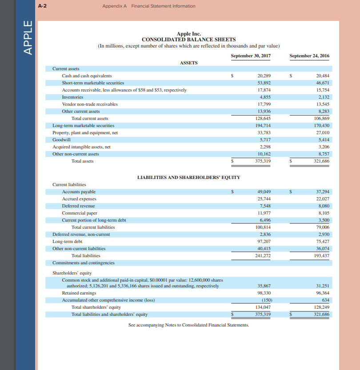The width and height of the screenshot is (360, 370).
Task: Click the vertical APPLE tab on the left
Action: pos(28,38)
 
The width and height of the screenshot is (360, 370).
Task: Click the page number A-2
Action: pos(43,6)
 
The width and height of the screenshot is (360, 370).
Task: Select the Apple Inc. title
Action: pos(188,34)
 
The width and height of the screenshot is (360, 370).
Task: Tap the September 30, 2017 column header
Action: pos(251,56)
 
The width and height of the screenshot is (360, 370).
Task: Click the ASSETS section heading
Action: pos(188,63)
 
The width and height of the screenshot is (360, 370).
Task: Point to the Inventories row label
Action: pos(73,97)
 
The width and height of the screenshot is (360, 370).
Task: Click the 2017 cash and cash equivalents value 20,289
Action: pos(264,76)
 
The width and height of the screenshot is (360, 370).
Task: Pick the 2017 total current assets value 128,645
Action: pos(264,119)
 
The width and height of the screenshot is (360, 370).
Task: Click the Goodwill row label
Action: pos(61,139)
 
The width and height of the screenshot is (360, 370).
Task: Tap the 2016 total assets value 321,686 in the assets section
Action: pos(322,161)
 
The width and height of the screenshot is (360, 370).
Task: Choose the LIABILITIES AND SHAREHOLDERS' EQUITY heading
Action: pos(188,177)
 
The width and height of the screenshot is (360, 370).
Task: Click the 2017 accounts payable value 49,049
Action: pos(264,192)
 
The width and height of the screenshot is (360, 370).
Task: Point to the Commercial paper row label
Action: pos(80,213)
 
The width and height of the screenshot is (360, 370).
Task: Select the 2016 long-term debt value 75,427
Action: pos(322,241)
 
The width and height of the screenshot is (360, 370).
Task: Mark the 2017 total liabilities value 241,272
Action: pos(264,255)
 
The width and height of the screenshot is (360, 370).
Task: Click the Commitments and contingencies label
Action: pos(83,263)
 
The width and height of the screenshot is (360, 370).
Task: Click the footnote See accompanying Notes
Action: pos(188,325)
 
